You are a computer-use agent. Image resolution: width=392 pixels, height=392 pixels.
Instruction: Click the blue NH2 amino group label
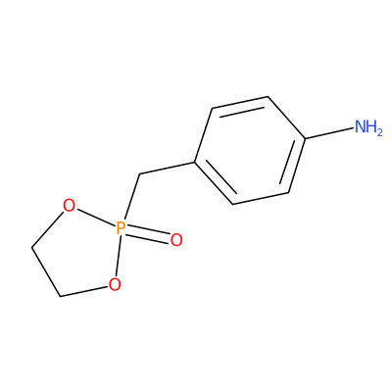pyautogui.click(x=368, y=127)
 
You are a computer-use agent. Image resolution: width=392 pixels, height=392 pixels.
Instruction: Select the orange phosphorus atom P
pyautogui.click(x=121, y=228)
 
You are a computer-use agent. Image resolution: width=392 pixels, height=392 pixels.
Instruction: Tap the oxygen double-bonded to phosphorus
pyautogui.click(x=176, y=240)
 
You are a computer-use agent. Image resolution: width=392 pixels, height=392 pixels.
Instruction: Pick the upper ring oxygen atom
pyautogui.click(x=69, y=207)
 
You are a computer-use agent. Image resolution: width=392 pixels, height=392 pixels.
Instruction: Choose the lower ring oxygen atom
pyautogui.click(x=115, y=284)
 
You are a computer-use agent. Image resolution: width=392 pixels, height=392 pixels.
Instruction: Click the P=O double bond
pyautogui.click(x=149, y=235)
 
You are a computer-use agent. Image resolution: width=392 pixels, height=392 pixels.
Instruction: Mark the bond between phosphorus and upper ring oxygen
pyautogui.click(x=95, y=219)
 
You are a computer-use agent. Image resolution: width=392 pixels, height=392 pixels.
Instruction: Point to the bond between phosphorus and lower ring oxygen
pyautogui.click(x=118, y=257)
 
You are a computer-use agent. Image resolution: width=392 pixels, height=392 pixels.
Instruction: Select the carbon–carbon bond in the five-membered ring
pyautogui.click(x=46, y=272)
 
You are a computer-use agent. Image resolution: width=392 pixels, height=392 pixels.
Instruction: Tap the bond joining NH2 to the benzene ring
pyautogui.click(x=330, y=133)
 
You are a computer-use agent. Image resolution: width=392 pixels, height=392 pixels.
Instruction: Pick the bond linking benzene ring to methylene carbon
pyautogui.click(x=168, y=168)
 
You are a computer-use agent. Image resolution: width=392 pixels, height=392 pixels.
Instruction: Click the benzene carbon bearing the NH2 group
pyautogui.click(x=305, y=139)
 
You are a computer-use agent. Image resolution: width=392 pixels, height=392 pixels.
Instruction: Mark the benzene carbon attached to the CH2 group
pyautogui.click(x=195, y=162)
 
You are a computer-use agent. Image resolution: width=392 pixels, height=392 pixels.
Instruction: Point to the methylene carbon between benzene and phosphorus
pyautogui.click(x=139, y=174)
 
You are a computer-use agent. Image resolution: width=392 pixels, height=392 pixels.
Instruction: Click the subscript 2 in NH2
pyautogui.click(x=379, y=132)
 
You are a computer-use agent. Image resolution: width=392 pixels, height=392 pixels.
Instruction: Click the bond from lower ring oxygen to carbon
pyautogui.click(x=84, y=292)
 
